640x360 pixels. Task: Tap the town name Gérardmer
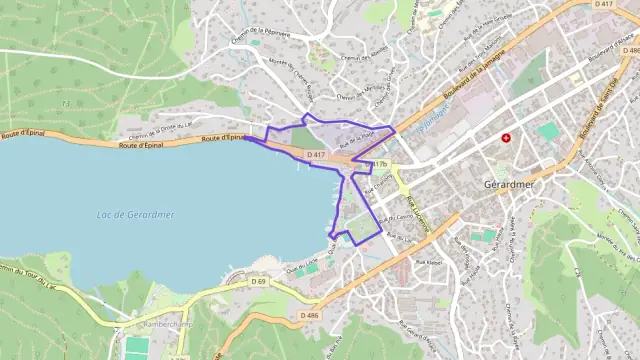(x=511, y=184)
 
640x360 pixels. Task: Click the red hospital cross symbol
(x=507, y=138)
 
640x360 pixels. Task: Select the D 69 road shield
(x=258, y=282)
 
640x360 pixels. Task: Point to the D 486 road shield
(x=310, y=316)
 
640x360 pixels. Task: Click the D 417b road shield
(x=377, y=164)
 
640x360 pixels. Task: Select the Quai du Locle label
(x=302, y=264)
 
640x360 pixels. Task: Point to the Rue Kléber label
(x=428, y=261)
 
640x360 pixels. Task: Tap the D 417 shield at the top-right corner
(x=603, y=5)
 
